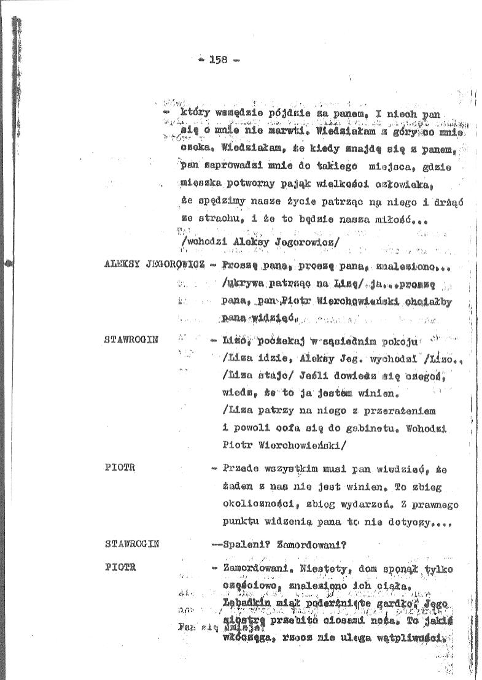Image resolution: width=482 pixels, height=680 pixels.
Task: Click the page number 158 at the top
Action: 219,60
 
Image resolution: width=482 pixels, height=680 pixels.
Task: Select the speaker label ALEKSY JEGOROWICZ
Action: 155,264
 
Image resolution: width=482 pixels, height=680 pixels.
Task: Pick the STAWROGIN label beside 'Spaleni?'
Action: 133,543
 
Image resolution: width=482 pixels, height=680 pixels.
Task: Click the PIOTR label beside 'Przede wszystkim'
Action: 120,468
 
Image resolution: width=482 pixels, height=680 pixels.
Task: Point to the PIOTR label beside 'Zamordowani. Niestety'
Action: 120,568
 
